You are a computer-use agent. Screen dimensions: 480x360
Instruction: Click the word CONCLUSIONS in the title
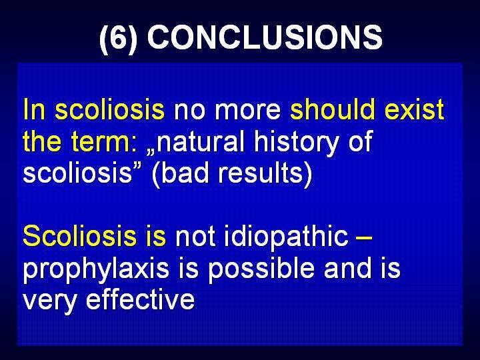click(x=265, y=37)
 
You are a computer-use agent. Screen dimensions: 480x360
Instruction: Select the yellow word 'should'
click(x=332, y=109)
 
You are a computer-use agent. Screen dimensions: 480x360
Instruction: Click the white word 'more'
click(x=247, y=111)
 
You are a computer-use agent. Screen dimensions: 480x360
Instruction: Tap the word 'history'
click(x=295, y=143)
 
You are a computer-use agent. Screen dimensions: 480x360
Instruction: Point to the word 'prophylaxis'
click(x=96, y=270)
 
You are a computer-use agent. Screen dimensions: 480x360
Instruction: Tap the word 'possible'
click(x=261, y=270)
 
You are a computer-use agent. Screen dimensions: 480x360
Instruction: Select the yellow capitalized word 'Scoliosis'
click(x=79, y=236)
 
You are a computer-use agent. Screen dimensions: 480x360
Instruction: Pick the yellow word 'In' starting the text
click(x=34, y=109)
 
